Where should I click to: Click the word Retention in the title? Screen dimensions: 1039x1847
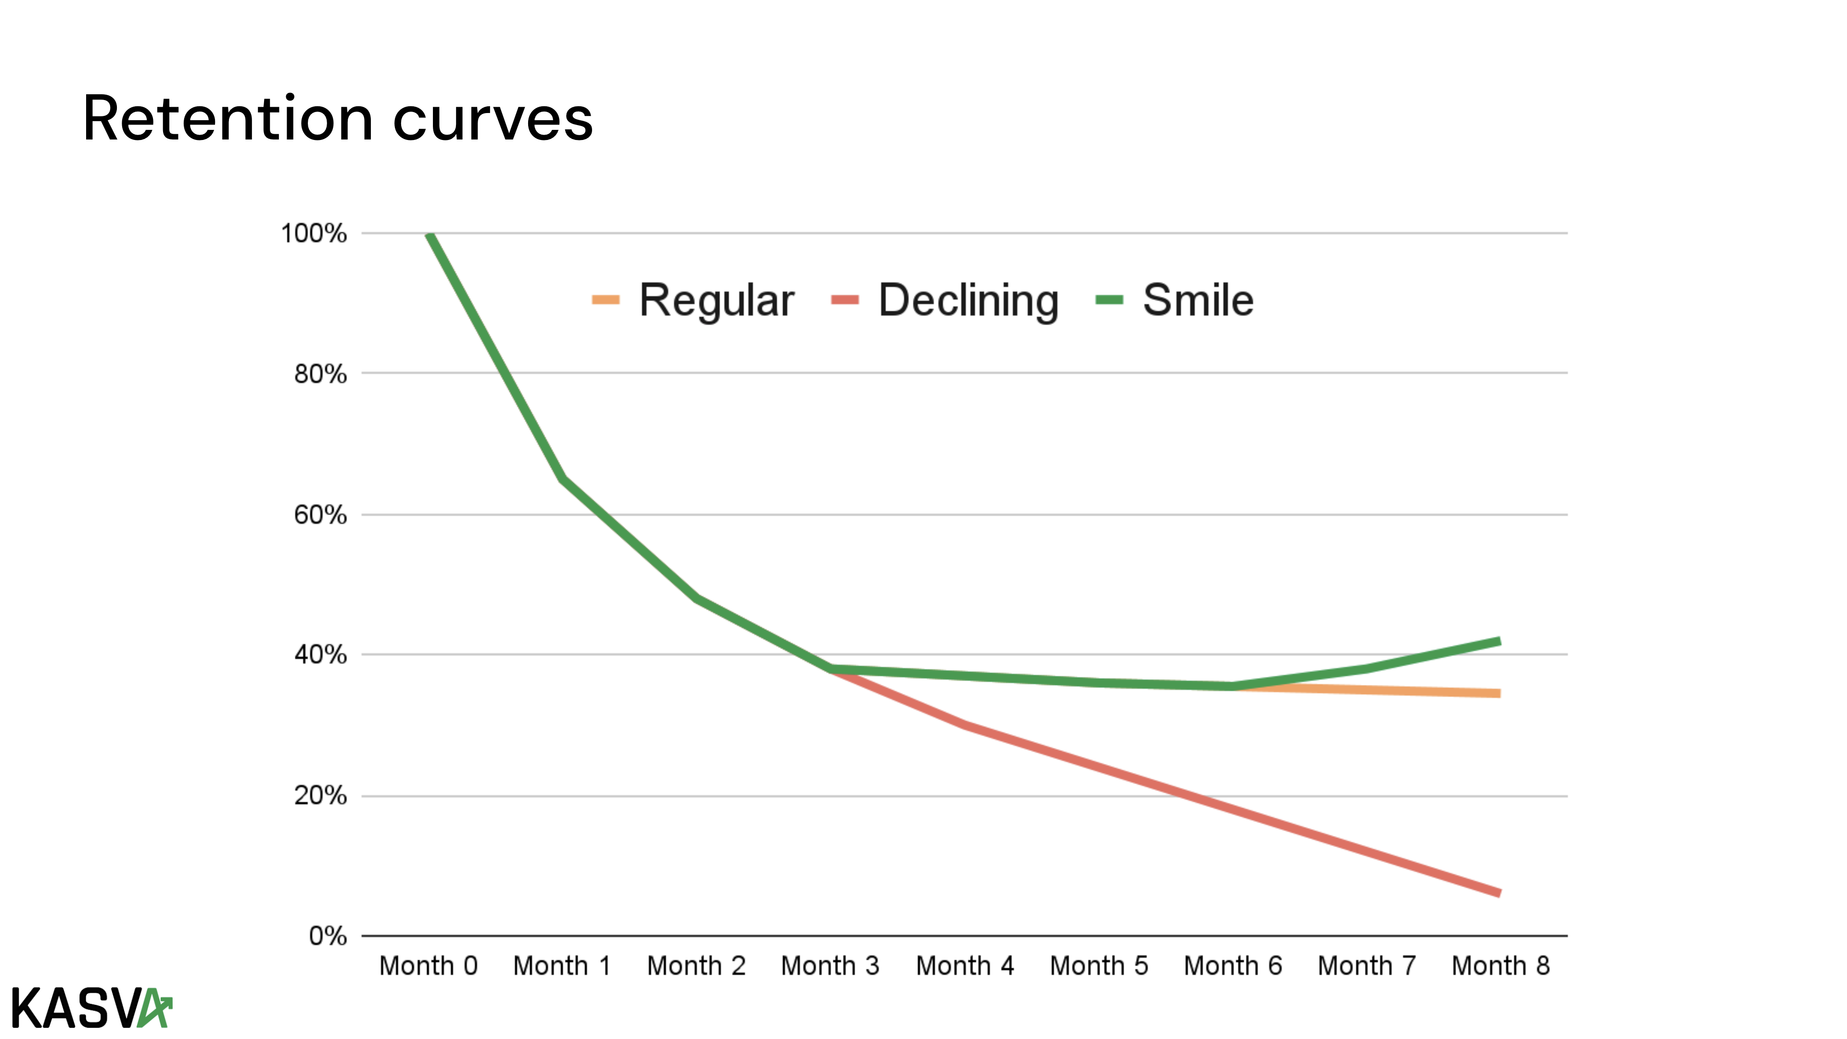tap(228, 118)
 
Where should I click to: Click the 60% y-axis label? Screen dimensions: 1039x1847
tap(320, 514)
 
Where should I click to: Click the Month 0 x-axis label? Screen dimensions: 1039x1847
tap(428, 966)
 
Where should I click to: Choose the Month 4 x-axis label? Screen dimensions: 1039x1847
tap(964, 966)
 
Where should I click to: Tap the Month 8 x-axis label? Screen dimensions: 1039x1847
tap(1500, 966)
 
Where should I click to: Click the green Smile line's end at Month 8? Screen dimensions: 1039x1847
tap(1499, 642)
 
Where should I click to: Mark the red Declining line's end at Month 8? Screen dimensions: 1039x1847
tap(1499, 893)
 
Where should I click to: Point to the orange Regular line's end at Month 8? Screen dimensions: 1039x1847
tap(1499, 693)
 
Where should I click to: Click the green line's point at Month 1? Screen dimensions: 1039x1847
tap(563, 478)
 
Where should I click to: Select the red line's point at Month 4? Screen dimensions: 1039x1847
tap(964, 725)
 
